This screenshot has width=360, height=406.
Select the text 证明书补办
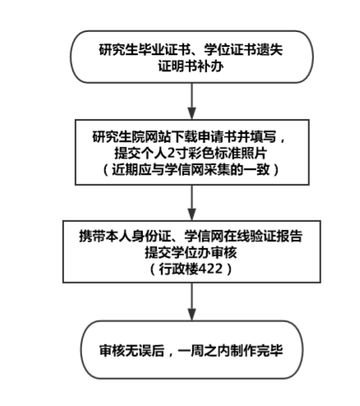tap(191, 67)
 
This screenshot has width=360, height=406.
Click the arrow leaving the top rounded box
tap(192, 101)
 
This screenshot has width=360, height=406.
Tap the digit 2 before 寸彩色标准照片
tap(171, 154)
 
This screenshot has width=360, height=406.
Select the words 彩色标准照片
tap(227, 154)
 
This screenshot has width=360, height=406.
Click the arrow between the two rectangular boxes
tap(192, 203)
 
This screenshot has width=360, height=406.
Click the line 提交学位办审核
tap(191, 252)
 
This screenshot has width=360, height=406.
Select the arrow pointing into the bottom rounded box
tap(192, 302)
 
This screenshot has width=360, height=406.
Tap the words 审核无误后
tap(132, 351)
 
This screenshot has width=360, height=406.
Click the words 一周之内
tap(204, 351)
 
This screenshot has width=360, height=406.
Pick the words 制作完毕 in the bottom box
tap(256, 351)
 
